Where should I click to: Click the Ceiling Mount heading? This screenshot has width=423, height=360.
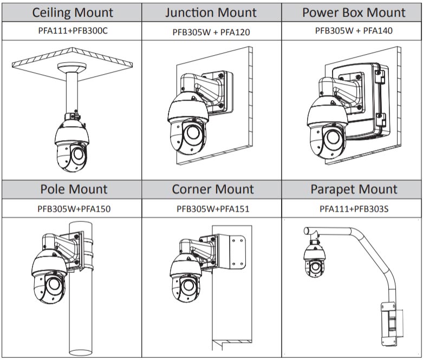pyautogui.click(x=73, y=12)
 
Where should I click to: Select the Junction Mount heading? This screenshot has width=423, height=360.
pyautogui.click(x=212, y=12)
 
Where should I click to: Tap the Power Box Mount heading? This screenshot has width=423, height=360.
pyautogui.click(x=354, y=12)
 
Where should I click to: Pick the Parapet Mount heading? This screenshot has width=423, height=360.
pyautogui.click(x=354, y=189)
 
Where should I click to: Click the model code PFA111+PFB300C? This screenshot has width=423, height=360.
pyautogui.click(x=73, y=31)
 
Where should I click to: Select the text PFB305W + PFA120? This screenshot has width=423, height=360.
pyautogui.click(x=212, y=32)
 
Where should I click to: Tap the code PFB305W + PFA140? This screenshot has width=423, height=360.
pyautogui.click(x=354, y=31)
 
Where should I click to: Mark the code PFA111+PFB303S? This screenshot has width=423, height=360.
pyautogui.click(x=354, y=208)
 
